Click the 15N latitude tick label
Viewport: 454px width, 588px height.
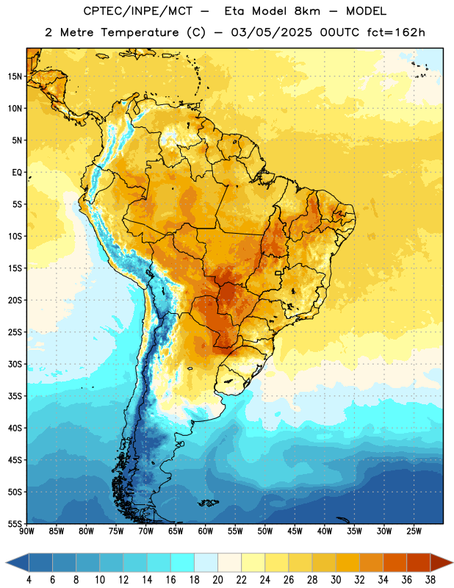click(15, 76)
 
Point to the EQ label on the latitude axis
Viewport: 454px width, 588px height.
click(17, 173)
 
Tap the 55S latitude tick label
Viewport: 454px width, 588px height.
click(15, 523)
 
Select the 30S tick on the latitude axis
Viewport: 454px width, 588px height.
click(15, 364)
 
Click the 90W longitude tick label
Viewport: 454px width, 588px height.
click(26, 531)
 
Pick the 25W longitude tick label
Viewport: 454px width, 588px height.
click(414, 531)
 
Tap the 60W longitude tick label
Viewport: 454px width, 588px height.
click(206, 531)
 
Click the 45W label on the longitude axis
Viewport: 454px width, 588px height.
click(295, 531)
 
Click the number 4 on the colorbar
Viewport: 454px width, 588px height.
click(29, 580)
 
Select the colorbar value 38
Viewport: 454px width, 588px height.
click(430, 580)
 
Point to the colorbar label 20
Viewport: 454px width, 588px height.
click(217, 580)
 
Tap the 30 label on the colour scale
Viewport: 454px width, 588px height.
click(336, 580)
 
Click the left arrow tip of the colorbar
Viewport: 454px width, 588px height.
click(6, 562)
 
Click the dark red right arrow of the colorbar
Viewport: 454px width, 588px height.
click(442, 562)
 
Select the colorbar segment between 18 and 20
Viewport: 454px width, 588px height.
click(206, 562)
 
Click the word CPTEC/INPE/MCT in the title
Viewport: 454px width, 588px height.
click(138, 11)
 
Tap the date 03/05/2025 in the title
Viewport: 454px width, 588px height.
click(271, 32)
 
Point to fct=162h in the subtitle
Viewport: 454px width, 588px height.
click(396, 32)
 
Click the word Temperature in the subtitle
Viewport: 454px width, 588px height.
click(140, 33)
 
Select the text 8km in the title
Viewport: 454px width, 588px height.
click(307, 11)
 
